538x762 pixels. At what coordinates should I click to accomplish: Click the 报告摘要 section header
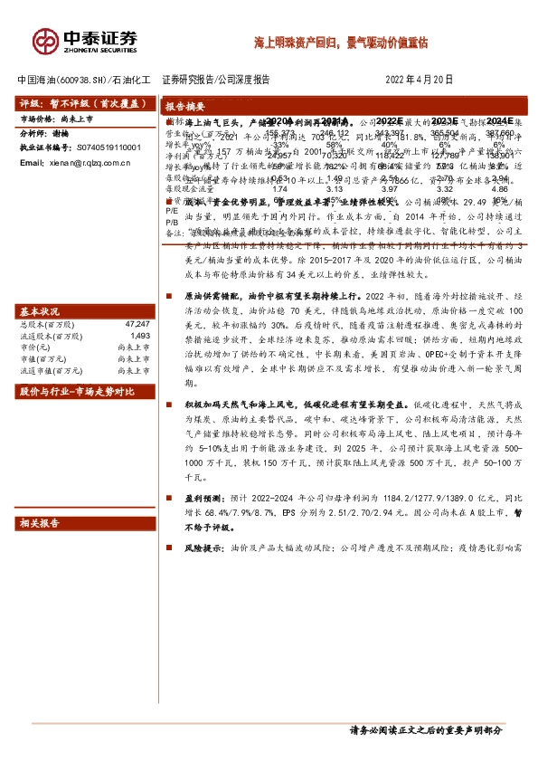(186, 104)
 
